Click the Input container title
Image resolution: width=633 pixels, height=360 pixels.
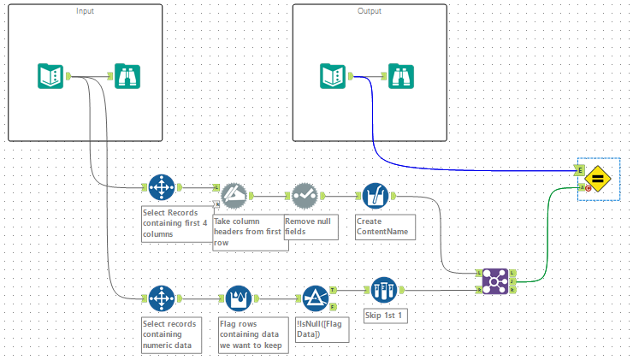click(x=86, y=11)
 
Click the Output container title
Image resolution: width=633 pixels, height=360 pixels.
click(x=370, y=11)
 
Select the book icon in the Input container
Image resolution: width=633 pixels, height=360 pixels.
click(x=51, y=76)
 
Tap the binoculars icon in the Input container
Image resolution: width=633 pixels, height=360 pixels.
click(x=127, y=76)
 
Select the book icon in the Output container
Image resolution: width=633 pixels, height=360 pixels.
click(x=333, y=76)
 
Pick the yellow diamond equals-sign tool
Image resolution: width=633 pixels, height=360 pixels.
click(x=599, y=179)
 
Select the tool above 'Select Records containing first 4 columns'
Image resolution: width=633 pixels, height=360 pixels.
click(x=160, y=186)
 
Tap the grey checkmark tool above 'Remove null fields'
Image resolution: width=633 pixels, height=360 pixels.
click(x=304, y=196)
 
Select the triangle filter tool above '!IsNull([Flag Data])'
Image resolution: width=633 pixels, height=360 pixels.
click(x=316, y=298)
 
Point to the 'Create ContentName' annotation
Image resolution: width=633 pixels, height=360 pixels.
click(x=382, y=226)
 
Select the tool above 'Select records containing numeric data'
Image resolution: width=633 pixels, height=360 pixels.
click(x=160, y=298)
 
